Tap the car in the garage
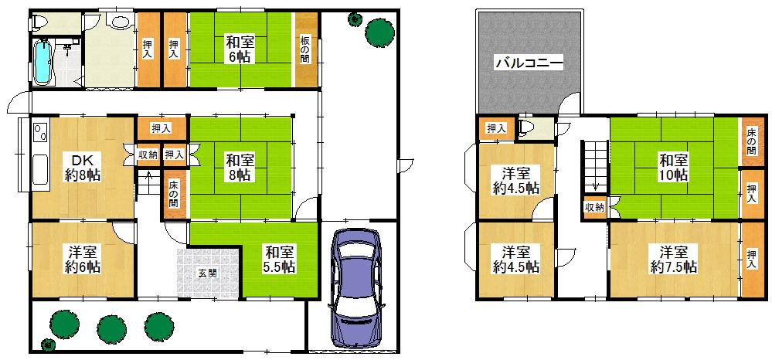(355, 289)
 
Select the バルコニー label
(529, 63)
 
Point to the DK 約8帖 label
(83, 167)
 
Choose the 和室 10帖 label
(674, 167)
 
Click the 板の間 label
(305, 49)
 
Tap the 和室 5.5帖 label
(281, 260)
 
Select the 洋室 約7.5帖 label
(674, 260)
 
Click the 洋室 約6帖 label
(83, 260)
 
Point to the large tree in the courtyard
(379, 32)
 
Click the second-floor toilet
(527, 127)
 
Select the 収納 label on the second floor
(594, 207)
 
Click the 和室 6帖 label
(239, 48)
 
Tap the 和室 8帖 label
(240, 167)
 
